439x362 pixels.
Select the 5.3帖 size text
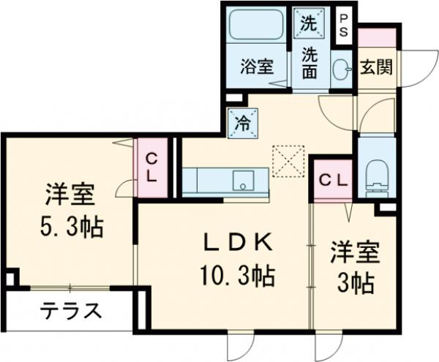(x=71, y=227)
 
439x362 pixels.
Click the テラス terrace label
(x=70, y=311)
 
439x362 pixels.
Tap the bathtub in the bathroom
(x=257, y=27)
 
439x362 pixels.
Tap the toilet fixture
(x=377, y=173)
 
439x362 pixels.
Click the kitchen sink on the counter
(x=243, y=179)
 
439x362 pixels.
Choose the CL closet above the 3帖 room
(x=333, y=179)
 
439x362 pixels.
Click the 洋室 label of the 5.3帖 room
(x=70, y=196)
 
